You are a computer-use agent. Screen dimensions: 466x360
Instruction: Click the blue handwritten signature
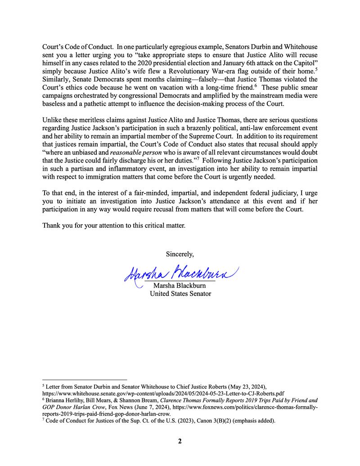[x=180, y=272]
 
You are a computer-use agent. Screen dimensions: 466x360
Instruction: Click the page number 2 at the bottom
[x=180, y=441]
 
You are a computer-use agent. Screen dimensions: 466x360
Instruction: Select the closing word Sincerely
[x=180, y=254]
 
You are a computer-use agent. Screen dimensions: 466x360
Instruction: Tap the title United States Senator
[x=180, y=294]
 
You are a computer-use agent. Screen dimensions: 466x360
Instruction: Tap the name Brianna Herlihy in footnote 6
[x=64, y=400]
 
